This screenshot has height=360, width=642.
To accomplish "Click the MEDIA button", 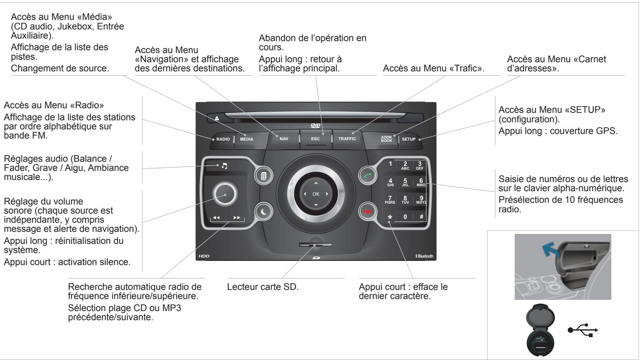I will [x=246, y=139].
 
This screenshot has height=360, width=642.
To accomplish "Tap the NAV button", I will [x=284, y=139].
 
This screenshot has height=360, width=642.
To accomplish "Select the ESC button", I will [x=316, y=139].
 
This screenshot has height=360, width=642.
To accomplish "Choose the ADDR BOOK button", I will [x=387, y=139].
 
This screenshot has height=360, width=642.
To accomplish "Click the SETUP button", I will [x=409, y=139].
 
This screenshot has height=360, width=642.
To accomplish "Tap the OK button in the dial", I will [x=316, y=194].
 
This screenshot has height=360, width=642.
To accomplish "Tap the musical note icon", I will [x=224, y=165].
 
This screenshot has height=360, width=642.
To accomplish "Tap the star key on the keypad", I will [x=389, y=217].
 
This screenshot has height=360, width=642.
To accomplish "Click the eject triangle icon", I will [x=216, y=118].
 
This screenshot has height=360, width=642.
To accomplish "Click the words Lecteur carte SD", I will [x=263, y=287].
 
